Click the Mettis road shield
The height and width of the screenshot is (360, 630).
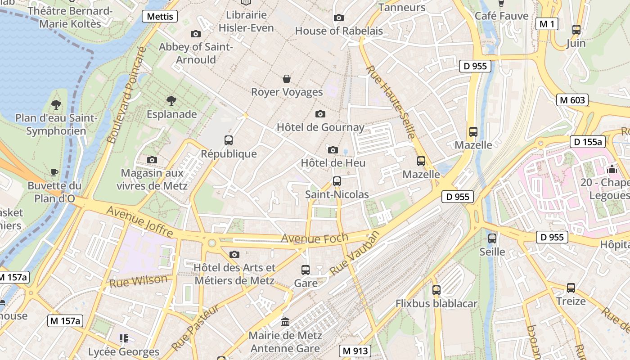click(160, 17)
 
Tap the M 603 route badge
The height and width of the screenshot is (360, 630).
click(572, 100)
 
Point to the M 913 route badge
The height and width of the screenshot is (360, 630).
click(355, 351)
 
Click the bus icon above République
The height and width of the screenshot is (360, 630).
click(229, 140)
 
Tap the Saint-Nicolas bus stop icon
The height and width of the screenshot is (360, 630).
click(337, 181)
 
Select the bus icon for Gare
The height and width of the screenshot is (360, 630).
click(306, 270)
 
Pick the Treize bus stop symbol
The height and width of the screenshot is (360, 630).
click(571, 288)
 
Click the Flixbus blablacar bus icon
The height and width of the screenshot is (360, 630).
click(436, 290)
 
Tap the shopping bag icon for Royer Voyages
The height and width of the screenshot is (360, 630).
click(287, 79)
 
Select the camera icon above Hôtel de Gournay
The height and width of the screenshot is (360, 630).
click(320, 114)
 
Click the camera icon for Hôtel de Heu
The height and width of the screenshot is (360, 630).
click(333, 150)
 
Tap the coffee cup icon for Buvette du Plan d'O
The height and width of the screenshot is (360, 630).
click(54, 172)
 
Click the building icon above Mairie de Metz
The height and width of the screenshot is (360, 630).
click(285, 322)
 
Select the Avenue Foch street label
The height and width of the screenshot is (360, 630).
click(315, 238)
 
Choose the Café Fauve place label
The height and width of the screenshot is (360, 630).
click(502, 16)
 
